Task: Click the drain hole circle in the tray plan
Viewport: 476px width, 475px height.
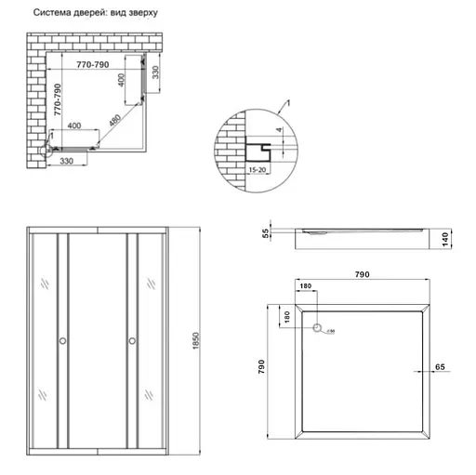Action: pos(318,328)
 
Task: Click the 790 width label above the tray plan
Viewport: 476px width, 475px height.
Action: pos(363,274)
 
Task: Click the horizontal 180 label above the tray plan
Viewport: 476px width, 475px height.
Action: pos(306,286)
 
